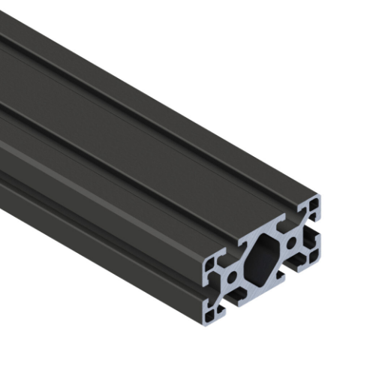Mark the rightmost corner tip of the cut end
323,197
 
